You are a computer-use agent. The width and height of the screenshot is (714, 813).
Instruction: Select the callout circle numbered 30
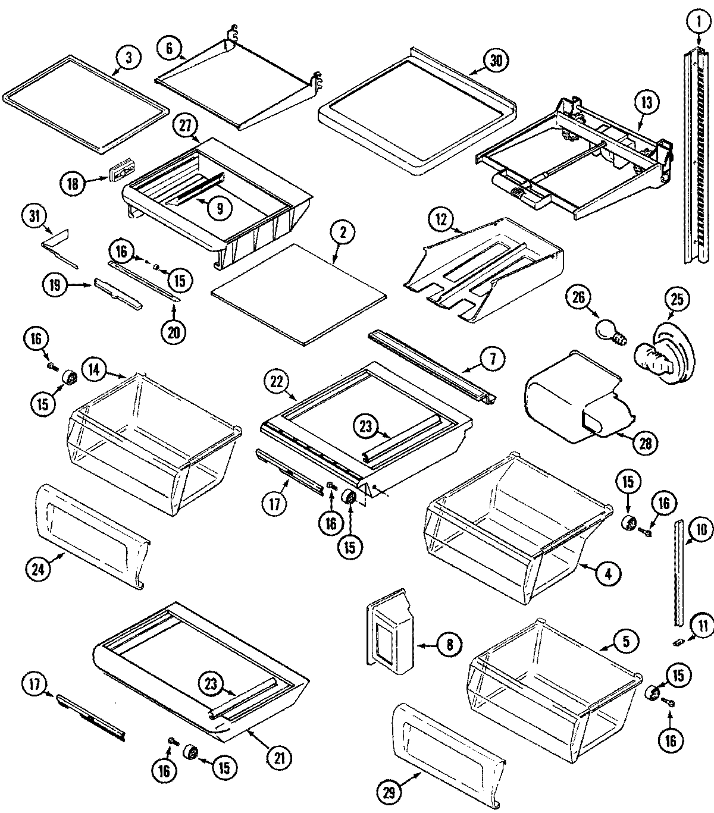(x=496, y=60)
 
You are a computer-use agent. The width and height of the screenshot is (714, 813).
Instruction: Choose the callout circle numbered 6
(x=170, y=48)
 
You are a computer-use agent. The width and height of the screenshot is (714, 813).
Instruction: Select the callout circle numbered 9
(x=220, y=208)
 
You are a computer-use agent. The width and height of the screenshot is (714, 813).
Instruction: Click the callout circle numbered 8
(x=449, y=644)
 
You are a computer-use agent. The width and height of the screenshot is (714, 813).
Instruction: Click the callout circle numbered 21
(x=280, y=757)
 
